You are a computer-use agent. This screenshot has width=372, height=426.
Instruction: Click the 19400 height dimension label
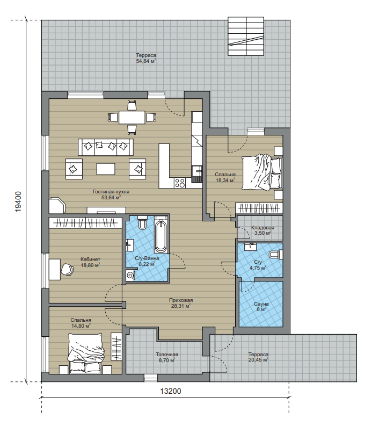click(x=18, y=201)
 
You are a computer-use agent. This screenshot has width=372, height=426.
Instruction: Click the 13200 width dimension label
click(x=171, y=391)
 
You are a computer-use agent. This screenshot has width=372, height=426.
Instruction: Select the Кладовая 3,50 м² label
click(x=262, y=230)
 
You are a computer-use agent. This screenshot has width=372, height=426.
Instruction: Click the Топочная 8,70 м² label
click(x=167, y=357)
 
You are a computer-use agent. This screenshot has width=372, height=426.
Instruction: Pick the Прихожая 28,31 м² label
click(x=181, y=303)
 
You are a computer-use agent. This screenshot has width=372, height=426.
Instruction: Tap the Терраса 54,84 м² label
click(x=146, y=58)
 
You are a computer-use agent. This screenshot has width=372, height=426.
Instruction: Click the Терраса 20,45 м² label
click(x=258, y=357)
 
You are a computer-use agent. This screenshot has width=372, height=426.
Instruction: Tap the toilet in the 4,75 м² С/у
click(x=276, y=255)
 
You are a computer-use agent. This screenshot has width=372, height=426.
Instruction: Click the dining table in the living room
click(x=132, y=117)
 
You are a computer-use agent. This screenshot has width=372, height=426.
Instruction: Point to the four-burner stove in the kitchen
click(x=179, y=183)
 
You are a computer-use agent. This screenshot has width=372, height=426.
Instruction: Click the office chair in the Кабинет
click(x=67, y=269)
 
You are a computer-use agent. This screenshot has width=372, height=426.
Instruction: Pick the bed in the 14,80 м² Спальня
click(x=86, y=353)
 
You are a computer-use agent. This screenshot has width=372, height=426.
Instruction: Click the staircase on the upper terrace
click(x=246, y=36)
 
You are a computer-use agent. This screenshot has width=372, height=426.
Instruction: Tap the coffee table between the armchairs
click(x=106, y=169)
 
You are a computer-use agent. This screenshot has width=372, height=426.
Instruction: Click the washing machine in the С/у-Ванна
click(x=130, y=276)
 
